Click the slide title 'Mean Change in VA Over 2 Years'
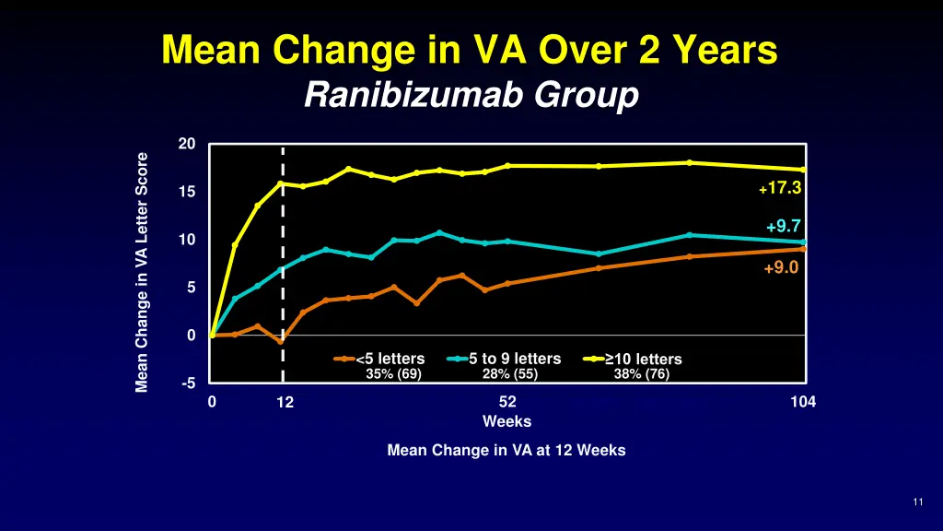coord(470,50)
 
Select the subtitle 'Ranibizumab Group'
coord(471,95)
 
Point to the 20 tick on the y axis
coord(187,144)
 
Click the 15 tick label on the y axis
coord(187,192)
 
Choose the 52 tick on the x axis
coord(507,402)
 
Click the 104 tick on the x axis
coord(803,402)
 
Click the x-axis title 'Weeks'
coord(506,421)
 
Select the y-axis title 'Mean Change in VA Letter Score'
coord(142,272)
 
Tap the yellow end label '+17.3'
coord(780,188)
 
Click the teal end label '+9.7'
coord(783,227)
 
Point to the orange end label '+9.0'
coord(780,268)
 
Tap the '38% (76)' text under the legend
coord(642,374)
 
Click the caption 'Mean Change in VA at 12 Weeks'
coord(506,451)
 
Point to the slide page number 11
coord(918,501)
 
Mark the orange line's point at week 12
coord(281,341)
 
